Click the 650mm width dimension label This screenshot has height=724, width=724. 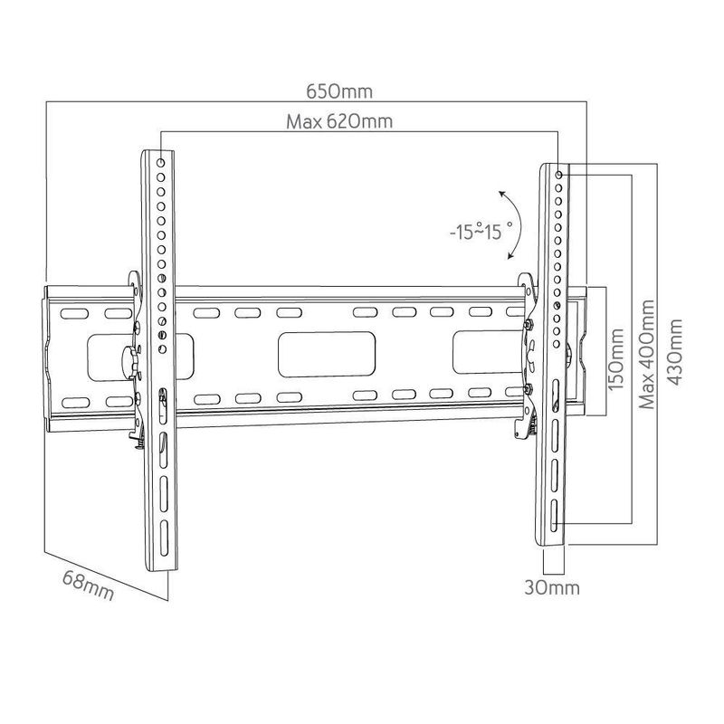pyautogui.click(x=338, y=92)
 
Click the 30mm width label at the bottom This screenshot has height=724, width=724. pyautogui.click(x=552, y=587)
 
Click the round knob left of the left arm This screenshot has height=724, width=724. pyautogui.click(x=127, y=356)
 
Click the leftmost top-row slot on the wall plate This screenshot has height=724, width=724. pyautogui.click(x=70, y=313)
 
